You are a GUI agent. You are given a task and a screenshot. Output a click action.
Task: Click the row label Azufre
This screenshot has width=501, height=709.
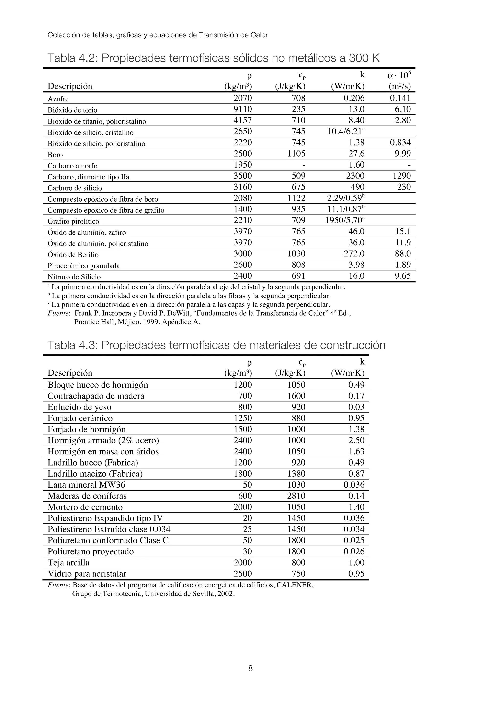(58, 99)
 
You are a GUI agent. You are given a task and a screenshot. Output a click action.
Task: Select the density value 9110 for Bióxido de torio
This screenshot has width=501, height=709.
(243, 109)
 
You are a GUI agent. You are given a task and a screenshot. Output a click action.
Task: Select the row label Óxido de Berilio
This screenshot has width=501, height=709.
(73, 255)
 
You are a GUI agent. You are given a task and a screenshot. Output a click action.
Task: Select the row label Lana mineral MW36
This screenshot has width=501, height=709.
(86, 485)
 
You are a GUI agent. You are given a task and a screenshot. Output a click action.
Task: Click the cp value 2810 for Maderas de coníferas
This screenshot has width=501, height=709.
(296, 496)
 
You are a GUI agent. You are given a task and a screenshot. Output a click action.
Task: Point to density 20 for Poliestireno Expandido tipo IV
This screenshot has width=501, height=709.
(247, 518)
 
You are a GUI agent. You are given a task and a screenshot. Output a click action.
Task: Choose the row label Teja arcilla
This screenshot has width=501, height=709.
(68, 563)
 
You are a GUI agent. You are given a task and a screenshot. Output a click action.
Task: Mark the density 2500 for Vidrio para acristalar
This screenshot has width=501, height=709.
(243, 574)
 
